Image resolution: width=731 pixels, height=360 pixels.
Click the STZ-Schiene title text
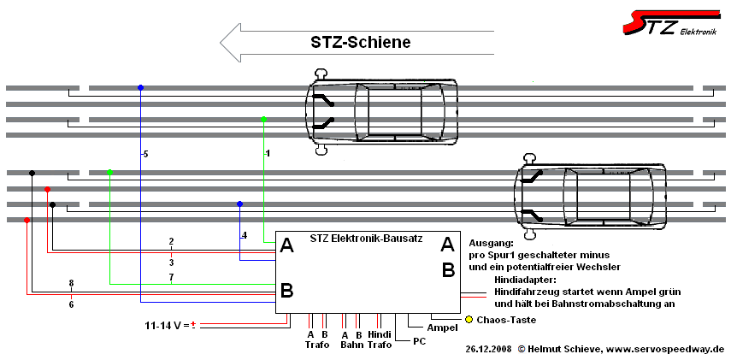[359, 42]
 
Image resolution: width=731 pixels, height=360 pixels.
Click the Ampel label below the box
[441, 328]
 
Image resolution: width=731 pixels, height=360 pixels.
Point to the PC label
[419, 340]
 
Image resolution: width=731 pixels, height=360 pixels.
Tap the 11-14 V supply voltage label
[167, 325]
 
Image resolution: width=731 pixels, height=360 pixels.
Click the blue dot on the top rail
[141, 87]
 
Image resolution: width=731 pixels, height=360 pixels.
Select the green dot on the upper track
[264, 119]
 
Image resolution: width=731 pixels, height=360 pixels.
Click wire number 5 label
[144, 154]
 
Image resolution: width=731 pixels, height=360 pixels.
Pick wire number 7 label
[171, 278]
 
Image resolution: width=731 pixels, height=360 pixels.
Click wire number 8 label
[71, 283]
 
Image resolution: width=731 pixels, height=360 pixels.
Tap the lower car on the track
[591, 198]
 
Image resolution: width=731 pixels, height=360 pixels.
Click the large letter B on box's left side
[287, 291]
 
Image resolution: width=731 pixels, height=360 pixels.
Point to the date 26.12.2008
[489, 349]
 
